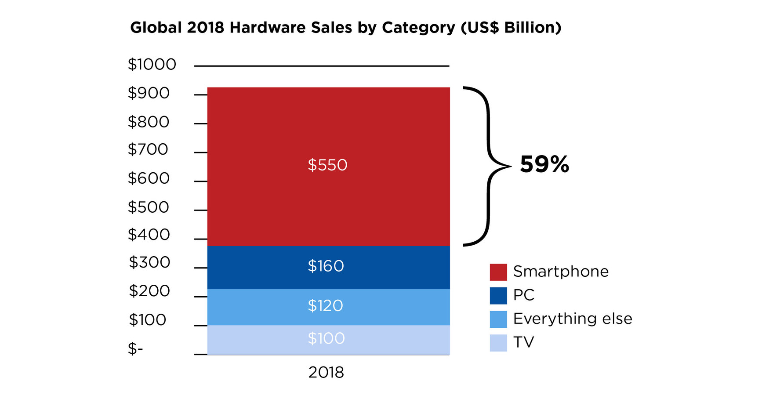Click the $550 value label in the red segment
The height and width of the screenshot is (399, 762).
327,165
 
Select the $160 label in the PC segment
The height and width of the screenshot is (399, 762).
326,266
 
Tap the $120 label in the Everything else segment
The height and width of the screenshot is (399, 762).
325,305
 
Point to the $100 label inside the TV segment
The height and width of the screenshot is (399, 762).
326,338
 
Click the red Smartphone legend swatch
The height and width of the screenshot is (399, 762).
498,272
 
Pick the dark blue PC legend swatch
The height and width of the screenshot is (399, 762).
498,295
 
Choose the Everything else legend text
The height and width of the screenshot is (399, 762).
572,319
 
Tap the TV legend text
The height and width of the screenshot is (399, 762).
523,342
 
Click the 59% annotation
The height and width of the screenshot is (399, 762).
544,164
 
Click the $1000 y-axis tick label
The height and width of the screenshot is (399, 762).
152,65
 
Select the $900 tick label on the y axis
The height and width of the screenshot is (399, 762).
149,93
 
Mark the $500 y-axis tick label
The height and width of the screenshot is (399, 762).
149,207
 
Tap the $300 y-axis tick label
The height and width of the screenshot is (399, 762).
149,262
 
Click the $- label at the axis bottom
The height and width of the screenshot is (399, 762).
135,349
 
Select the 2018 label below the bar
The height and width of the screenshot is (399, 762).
326,373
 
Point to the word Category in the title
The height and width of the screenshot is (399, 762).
418,28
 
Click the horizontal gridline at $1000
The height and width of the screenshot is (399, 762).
322,66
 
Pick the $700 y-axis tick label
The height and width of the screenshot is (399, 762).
148,149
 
